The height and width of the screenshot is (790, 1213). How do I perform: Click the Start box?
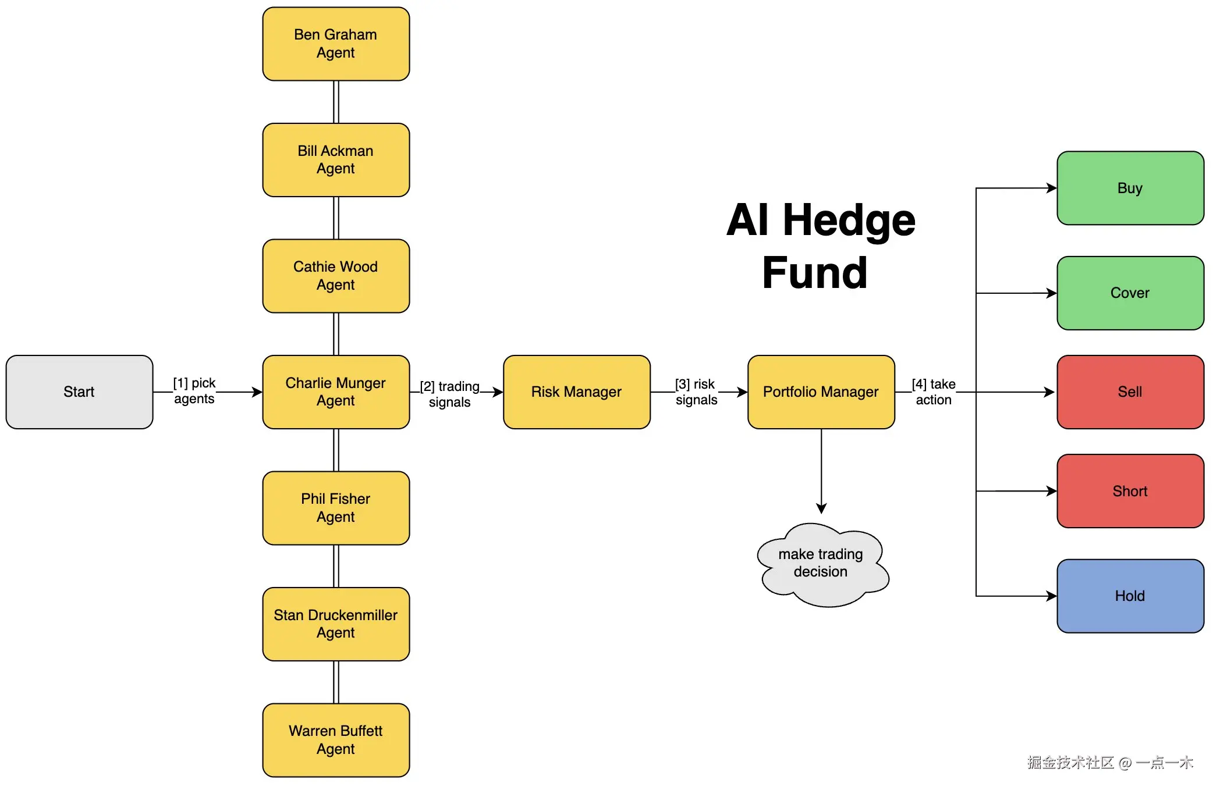click(x=79, y=392)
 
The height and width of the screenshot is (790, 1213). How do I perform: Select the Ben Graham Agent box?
click(x=336, y=44)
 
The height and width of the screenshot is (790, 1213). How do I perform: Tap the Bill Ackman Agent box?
click(x=336, y=159)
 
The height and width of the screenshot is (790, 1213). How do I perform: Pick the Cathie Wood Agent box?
click(x=336, y=276)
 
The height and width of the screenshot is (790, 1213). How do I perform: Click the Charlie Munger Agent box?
click(x=336, y=392)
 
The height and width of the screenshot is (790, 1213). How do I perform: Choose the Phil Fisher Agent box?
click(x=336, y=507)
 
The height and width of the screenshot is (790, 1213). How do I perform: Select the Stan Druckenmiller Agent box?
click(x=336, y=624)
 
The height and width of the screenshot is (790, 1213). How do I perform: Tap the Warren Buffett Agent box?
click(x=336, y=739)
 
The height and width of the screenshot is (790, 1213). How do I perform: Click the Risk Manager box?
click(x=576, y=392)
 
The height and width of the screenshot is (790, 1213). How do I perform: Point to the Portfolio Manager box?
click(x=821, y=392)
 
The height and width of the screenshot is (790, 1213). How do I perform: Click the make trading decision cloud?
click(x=821, y=563)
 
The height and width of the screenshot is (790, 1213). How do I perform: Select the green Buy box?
click(x=1130, y=188)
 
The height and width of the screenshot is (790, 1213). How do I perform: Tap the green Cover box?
click(x=1130, y=293)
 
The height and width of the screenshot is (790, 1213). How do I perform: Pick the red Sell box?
click(x=1130, y=392)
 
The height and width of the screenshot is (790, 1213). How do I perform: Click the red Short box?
click(x=1130, y=491)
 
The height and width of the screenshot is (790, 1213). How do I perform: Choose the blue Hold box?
click(x=1130, y=596)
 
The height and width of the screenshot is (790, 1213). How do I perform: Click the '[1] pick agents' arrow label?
click(x=194, y=391)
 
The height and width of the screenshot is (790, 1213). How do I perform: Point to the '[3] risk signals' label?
click(x=696, y=392)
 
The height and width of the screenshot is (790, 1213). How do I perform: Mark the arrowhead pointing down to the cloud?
click(x=821, y=509)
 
